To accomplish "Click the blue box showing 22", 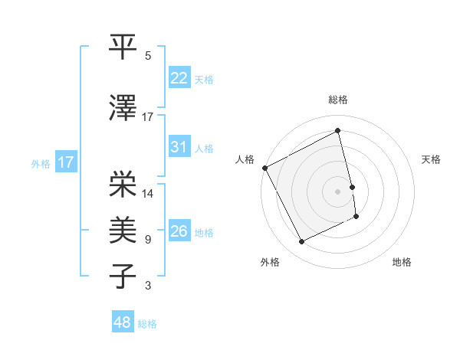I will (179, 78).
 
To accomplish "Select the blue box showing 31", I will (179, 147).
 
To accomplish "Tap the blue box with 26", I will (179, 231).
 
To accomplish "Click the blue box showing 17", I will (65, 162).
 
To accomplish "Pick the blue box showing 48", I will (123, 322).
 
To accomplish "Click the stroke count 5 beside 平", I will (148, 55).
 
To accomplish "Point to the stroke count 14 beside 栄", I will (149, 193).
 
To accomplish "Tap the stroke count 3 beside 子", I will (148, 286).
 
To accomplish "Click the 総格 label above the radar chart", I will (338, 100).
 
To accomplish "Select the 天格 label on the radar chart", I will (431, 159).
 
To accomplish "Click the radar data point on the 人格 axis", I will (264, 168).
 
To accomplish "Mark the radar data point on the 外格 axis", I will (301, 242).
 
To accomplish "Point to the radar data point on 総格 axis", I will (338, 131).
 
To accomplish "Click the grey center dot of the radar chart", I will (338, 191).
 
